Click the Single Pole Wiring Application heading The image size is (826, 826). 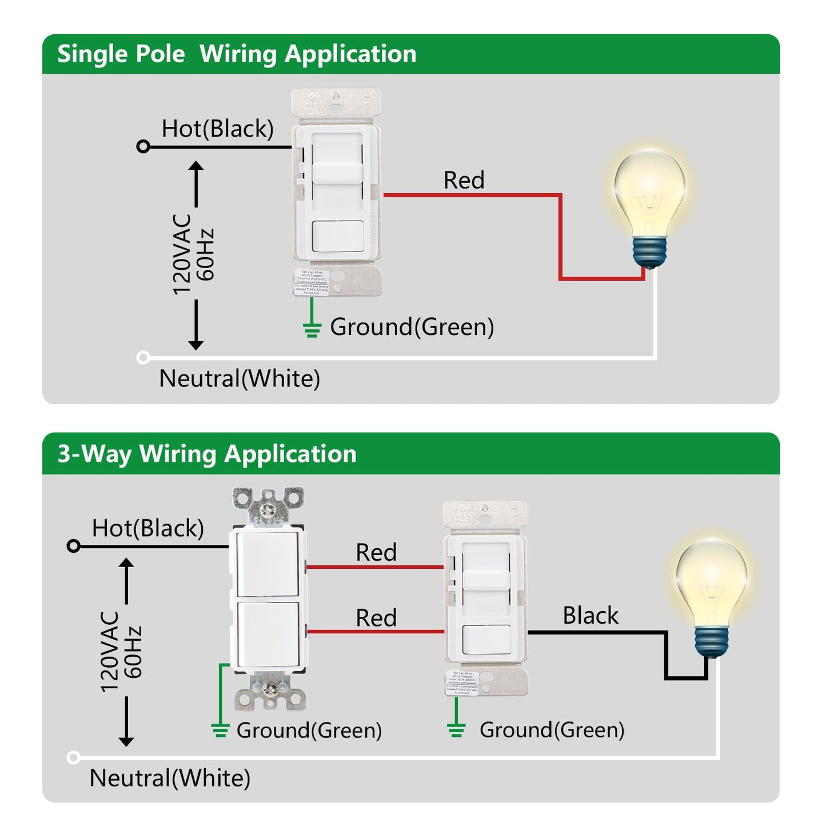237,54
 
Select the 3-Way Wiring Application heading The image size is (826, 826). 207,454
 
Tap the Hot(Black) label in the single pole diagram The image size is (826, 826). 217,129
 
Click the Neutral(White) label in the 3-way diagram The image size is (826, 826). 170,779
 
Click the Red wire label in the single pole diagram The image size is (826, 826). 464,181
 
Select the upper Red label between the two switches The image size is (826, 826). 376,553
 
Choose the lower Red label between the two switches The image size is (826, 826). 376,618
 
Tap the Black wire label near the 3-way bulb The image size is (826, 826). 590,616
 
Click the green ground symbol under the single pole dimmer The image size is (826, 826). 312,330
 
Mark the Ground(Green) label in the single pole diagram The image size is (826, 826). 412,328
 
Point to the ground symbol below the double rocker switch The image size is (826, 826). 220,730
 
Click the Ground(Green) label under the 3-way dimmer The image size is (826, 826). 552,730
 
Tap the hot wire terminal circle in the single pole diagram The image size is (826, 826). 143,147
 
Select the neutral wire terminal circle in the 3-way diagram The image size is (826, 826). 73,757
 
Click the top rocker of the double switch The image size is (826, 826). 268,563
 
